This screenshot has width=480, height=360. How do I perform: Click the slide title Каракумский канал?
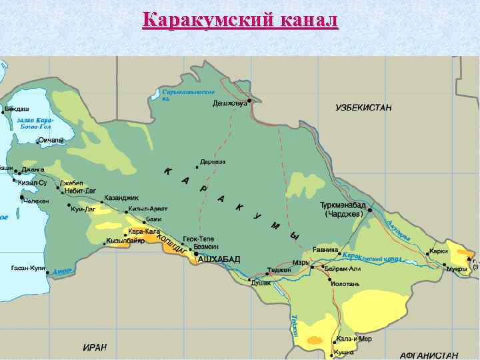[241, 21]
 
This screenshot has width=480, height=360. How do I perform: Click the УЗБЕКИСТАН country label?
[363, 107]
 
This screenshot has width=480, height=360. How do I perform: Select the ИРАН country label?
[95, 348]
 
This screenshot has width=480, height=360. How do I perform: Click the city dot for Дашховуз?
[249, 101]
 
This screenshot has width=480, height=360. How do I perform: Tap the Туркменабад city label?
[341, 205]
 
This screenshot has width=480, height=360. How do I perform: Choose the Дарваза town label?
[213, 161]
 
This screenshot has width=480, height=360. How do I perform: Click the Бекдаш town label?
[17, 108]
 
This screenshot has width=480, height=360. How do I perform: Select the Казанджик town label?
[121, 198]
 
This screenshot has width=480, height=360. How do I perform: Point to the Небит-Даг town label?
[80, 191]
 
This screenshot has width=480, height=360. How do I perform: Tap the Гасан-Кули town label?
[28, 268]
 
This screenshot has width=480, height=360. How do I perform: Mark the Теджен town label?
[279, 270]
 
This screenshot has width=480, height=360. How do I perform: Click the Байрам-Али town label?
[344, 269]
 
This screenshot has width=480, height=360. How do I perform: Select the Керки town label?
[439, 251]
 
